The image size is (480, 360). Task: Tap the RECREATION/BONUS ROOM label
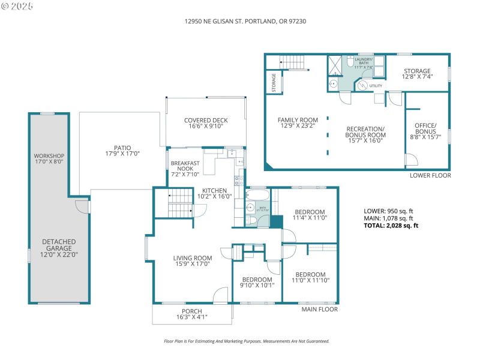pyautogui.click(x=365, y=133)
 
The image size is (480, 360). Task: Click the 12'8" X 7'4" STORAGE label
pyautogui.click(x=416, y=74)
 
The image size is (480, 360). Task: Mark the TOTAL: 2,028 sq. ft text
pyautogui.click(x=391, y=226)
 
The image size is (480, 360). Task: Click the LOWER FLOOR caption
pyautogui.click(x=430, y=176)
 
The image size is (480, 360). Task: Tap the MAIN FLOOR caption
pyautogui.click(x=319, y=310)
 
